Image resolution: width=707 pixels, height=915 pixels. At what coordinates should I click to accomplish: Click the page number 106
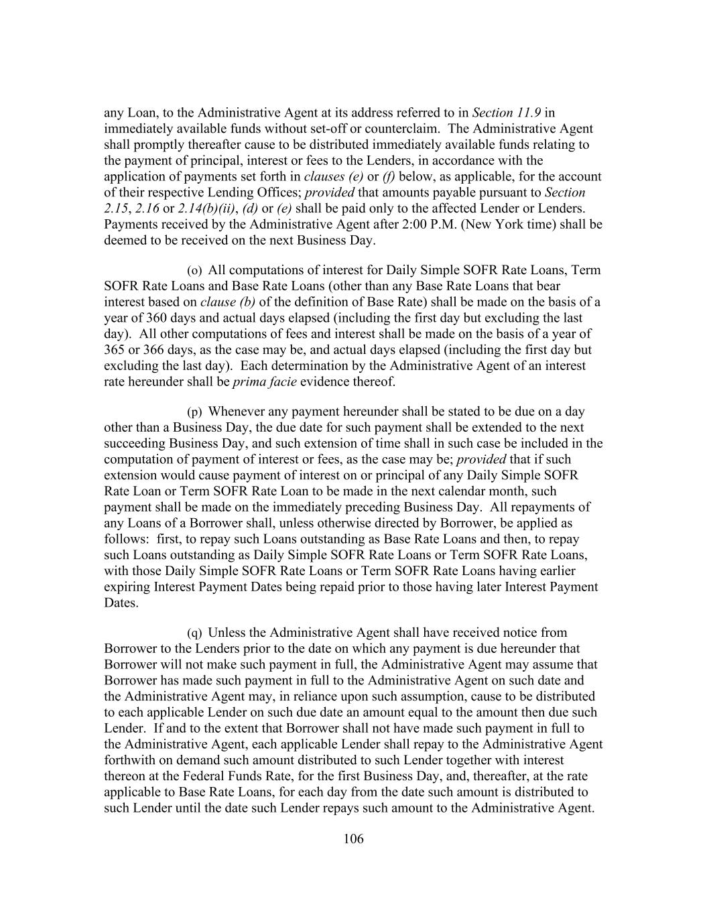pos(353,839)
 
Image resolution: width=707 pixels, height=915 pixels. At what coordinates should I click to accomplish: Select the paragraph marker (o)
pos(194,271)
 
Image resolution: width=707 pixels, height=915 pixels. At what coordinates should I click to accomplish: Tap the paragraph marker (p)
pos(194,412)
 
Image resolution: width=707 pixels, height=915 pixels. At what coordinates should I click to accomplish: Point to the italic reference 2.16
pos(147,208)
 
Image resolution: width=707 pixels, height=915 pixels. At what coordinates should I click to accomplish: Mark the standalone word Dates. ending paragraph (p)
pos(121,603)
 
